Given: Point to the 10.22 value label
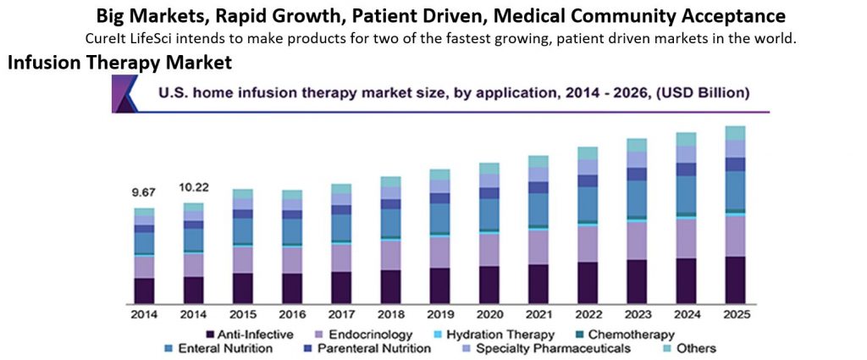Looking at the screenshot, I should [194, 186].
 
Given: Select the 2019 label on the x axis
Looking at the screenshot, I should [440, 314].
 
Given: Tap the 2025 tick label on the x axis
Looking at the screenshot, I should [735, 314].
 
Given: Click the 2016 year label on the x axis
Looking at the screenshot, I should [292, 314].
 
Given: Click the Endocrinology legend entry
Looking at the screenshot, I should [362, 335].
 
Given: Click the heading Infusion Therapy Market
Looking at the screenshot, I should [119, 64].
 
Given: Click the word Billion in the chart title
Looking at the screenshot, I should [719, 92].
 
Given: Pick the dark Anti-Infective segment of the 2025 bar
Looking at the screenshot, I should [736, 280].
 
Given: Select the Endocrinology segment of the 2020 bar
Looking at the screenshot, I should [489, 249].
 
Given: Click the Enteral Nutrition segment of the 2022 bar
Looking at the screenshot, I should [588, 203].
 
